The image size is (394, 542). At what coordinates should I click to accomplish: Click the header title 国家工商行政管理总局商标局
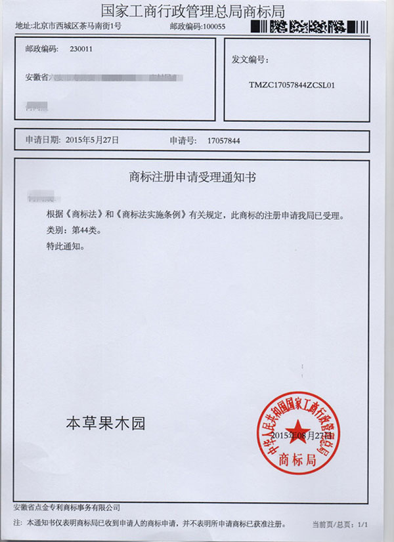(x=197, y=10)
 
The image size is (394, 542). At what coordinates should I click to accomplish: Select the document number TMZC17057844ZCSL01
(x=293, y=85)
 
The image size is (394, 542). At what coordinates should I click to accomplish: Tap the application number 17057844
(x=224, y=140)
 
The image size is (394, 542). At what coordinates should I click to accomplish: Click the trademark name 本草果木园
(x=105, y=424)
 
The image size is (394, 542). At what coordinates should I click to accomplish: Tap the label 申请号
(x=182, y=140)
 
